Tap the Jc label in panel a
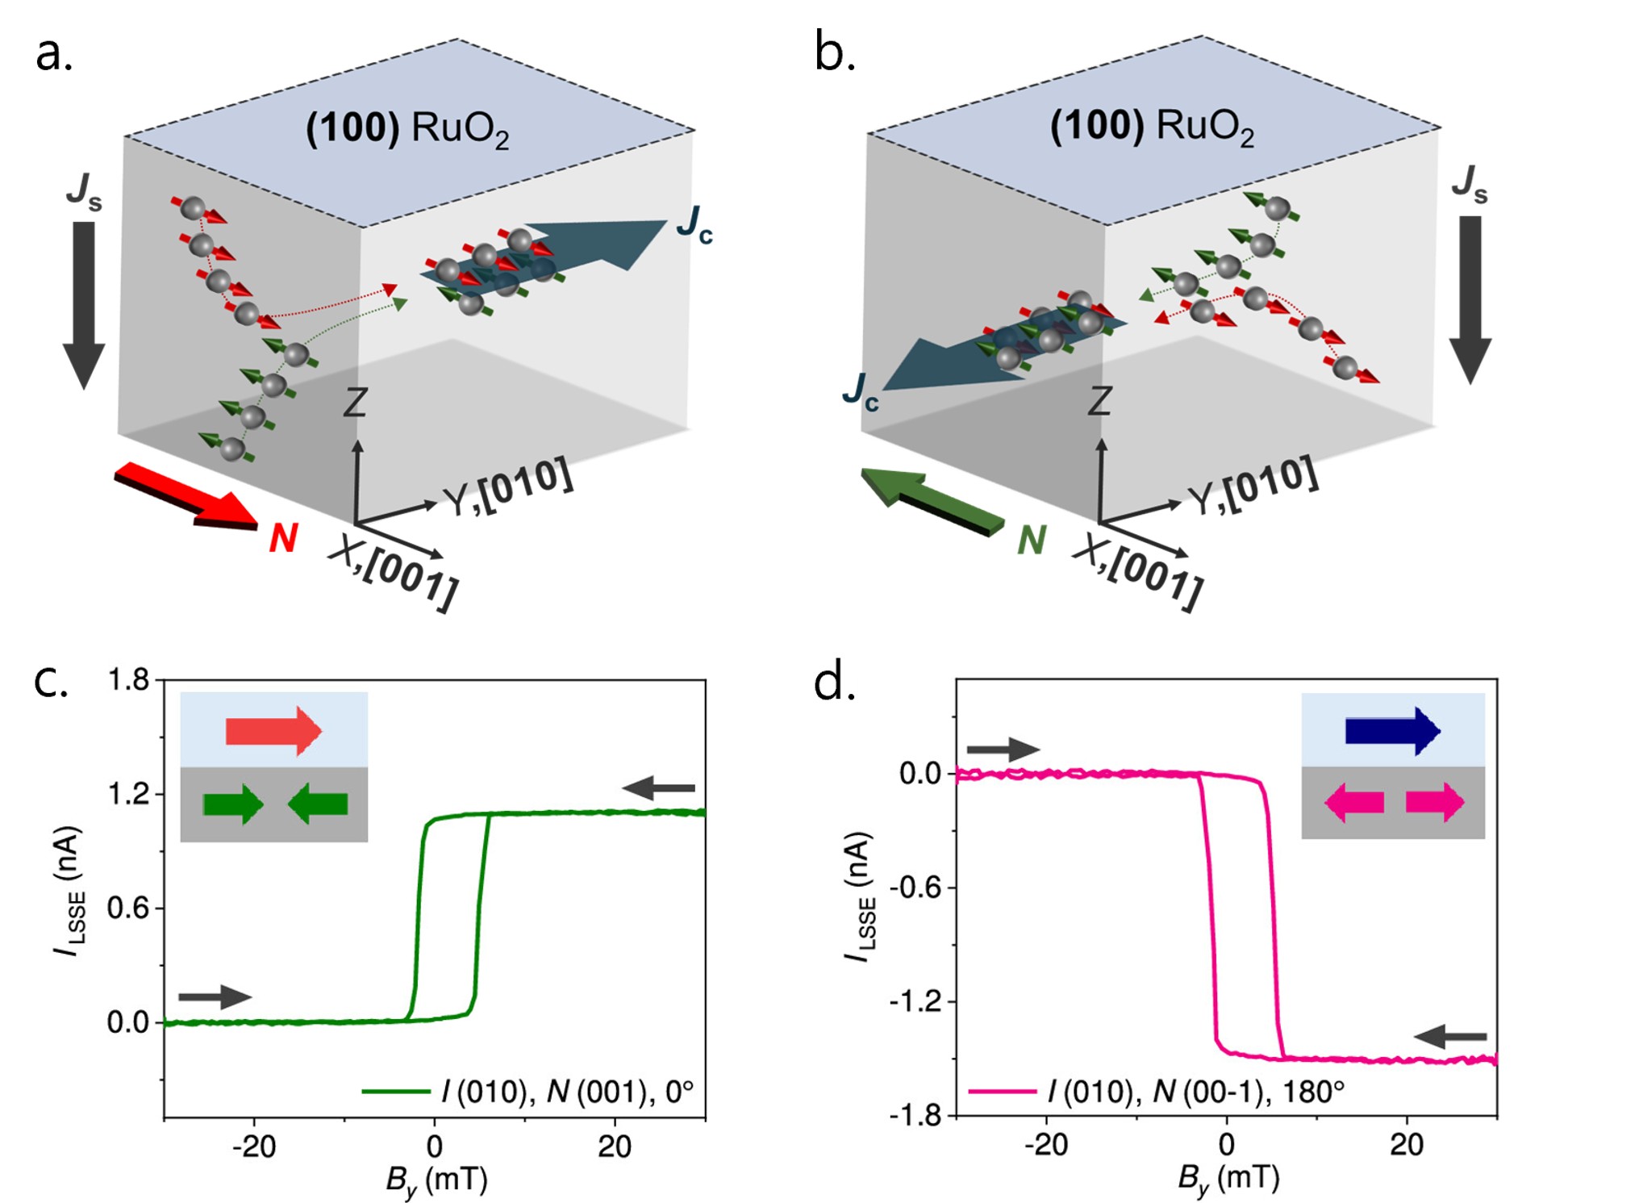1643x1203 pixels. pos(694,224)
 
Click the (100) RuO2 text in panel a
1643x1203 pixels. pos(407,129)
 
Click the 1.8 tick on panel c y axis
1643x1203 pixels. pos(129,680)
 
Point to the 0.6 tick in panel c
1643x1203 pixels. pos(129,909)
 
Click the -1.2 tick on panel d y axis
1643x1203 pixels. pos(915,1002)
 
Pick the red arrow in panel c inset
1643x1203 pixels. pos(273,731)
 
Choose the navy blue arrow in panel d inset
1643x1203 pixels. pos(1392,731)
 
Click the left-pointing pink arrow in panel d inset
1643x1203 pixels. pos(1354,803)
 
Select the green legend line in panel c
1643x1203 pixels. pos(395,1092)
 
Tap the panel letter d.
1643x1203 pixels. pos(833,683)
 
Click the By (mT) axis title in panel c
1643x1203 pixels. pos(436,1180)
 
